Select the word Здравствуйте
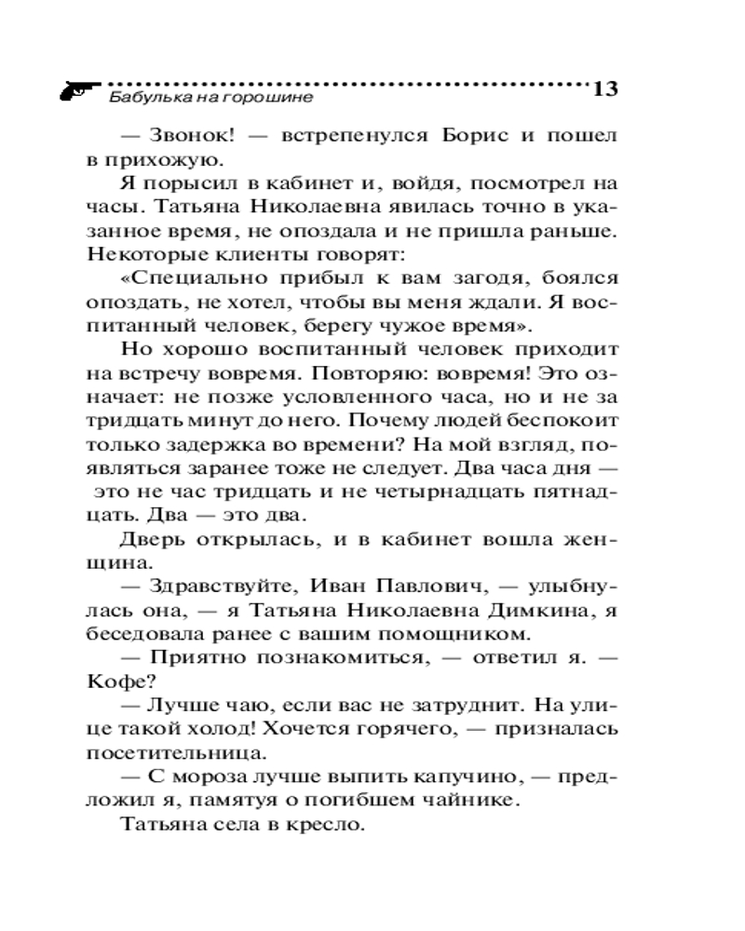coord(212,588)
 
